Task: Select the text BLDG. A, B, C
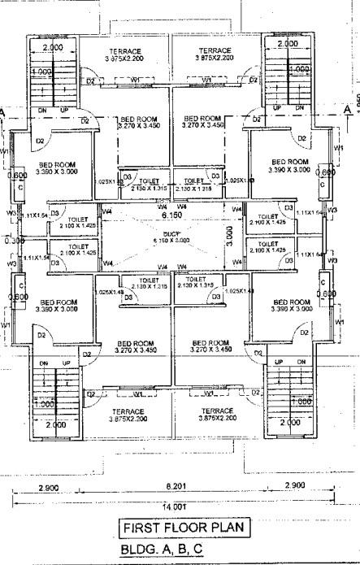click(163, 550)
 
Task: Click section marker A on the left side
click(5, 112)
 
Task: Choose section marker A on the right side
click(347, 107)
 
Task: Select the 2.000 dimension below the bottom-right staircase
click(288, 424)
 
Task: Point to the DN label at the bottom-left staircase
click(44, 363)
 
